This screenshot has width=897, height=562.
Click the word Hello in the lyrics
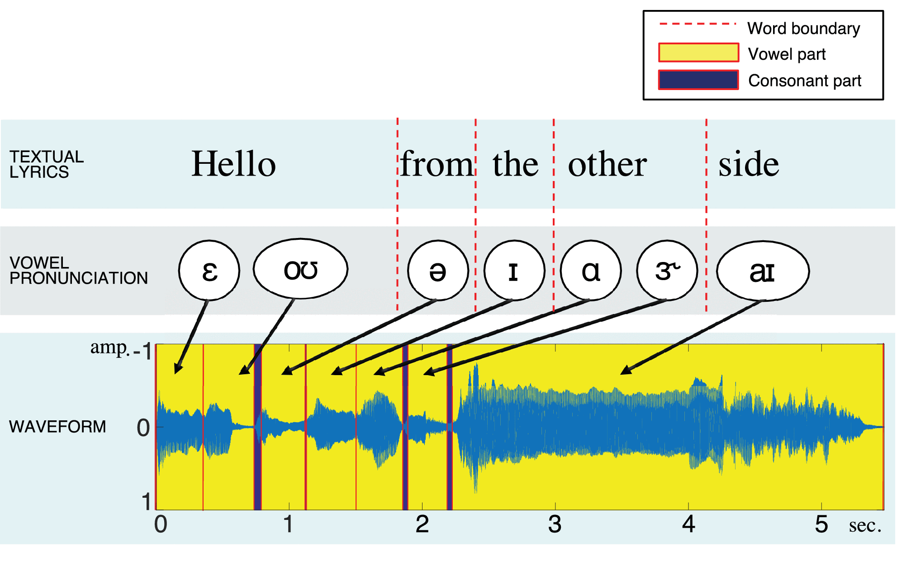click(233, 163)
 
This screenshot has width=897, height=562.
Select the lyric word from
click(437, 163)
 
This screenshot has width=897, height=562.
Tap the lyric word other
click(607, 163)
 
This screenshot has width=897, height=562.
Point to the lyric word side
click(749, 163)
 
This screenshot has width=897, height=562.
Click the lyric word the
click(516, 163)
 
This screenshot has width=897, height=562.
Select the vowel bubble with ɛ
click(209, 270)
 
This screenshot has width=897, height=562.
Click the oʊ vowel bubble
click(300, 269)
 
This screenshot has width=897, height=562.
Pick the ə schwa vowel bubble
click(438, 271)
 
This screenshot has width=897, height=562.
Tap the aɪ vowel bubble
click(763, 271)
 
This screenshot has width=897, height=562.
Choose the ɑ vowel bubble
click(591, 270)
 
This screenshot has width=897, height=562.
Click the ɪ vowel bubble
click(514, 270)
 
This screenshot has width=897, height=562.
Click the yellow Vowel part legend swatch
click(698, 53)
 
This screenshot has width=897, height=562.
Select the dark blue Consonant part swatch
click(698, 80)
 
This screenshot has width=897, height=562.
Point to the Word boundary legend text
click(803, 28)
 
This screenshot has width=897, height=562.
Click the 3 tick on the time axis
click(555, 524)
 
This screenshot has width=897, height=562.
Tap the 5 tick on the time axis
click(821, 524)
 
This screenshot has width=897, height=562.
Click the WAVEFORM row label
click(57, 426)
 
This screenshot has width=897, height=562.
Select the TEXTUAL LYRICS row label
click(47, 164)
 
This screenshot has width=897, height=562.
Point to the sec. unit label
click(865, 525)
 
